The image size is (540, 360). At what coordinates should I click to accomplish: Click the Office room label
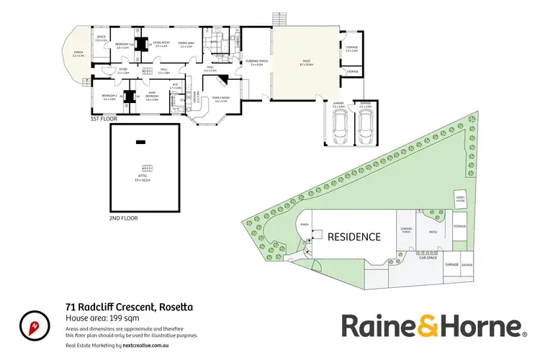[x=101, y=38]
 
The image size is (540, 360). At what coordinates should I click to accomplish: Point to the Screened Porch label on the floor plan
[x=256, y=62]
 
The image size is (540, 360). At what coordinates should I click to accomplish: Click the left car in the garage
[x=338, y=130]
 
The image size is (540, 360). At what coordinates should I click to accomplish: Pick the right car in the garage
[x=364, y=130]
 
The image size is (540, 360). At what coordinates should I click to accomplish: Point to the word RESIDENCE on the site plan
[x=354, y=236]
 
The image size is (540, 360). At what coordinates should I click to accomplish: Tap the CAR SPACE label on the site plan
[x=428, y=257]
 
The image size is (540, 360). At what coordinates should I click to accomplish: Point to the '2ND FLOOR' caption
[x=122, y=217]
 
